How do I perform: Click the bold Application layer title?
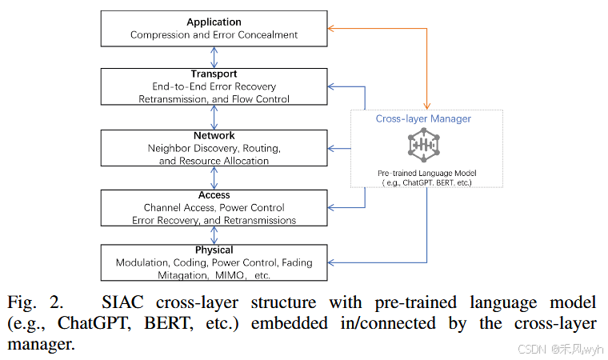214,22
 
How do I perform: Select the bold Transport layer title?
214,74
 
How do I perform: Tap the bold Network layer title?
214,136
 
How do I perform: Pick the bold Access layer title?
214,194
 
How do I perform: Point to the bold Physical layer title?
214,250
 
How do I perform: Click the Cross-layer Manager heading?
423,119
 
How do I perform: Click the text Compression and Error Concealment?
214,35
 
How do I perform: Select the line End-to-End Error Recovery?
214,86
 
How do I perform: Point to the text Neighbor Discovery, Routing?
214,149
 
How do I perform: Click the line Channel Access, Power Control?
214,207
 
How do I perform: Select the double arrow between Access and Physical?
214,235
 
